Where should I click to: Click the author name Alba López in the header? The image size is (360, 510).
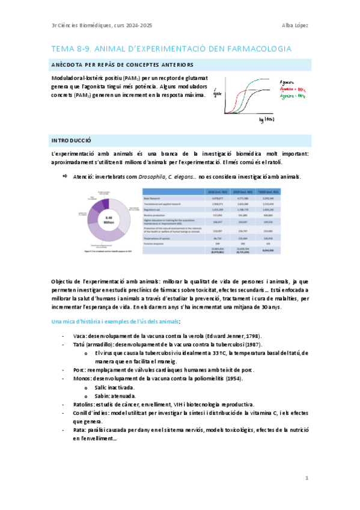point(294,25)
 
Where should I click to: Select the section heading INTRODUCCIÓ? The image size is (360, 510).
point(71,140)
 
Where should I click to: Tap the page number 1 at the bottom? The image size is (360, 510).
point(306,478)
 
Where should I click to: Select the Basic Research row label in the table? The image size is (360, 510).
point(154,197)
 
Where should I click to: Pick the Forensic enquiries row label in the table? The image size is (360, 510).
point(156,244)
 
